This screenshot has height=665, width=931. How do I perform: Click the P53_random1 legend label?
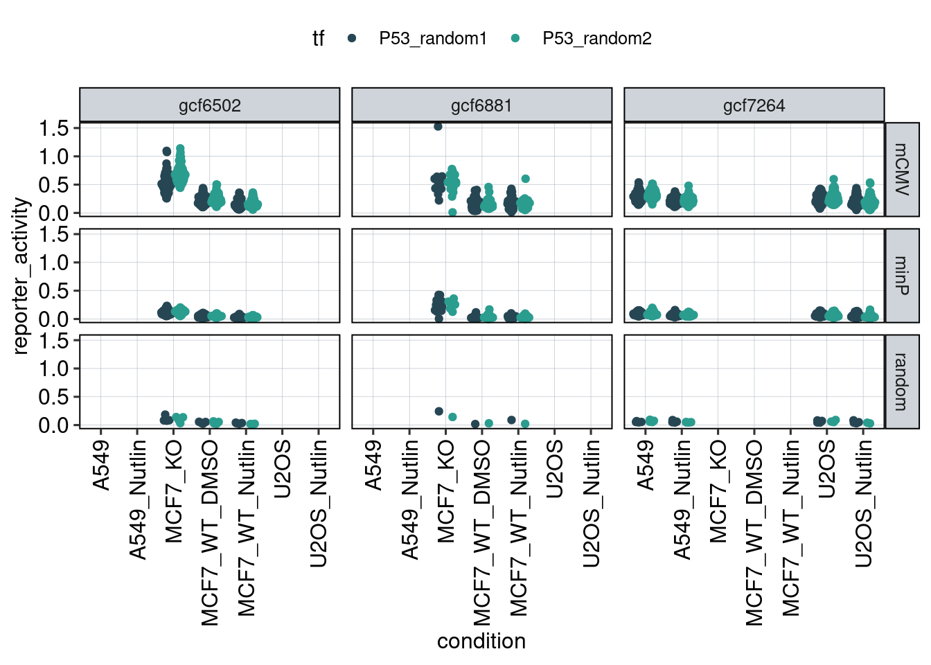(433, 39)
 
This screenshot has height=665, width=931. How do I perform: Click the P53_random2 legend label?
(597, 39)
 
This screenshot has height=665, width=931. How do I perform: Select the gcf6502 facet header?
(210, 106)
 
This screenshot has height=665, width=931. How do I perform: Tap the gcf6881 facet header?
(481, 106)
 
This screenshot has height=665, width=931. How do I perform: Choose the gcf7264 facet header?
(754, 106)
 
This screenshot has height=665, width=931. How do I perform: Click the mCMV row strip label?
(902, 170)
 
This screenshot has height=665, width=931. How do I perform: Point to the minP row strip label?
(902, 276)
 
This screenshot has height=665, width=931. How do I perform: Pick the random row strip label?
(902, 382)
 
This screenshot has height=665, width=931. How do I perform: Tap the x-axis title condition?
(481, 641)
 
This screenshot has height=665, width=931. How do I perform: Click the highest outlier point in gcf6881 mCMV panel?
(438, 127)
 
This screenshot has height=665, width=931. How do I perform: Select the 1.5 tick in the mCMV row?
(54, 128)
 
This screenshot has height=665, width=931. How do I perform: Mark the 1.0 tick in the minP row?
(54, 263)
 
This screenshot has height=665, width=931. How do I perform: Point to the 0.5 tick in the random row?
(54, 397)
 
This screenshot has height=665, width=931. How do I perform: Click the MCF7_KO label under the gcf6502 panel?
(174, 491)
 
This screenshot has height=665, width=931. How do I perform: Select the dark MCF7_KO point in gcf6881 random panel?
(438, 411)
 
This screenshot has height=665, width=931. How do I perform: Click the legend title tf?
(318, 39)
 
